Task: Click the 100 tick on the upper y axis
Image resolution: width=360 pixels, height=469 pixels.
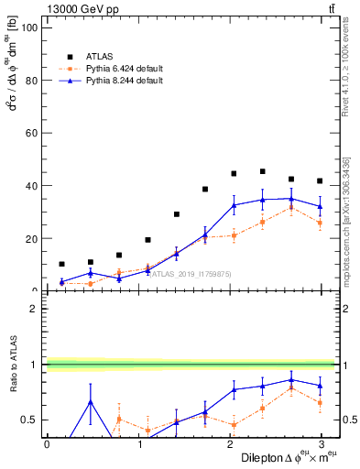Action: pos(30,27)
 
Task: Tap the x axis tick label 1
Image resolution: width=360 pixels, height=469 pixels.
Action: pos(138,444)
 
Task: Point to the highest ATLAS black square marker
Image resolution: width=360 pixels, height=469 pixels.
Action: pos(263,171)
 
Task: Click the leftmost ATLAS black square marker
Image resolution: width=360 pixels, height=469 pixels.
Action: pos(61,264)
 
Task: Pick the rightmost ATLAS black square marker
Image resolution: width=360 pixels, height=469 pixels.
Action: pos(320,180)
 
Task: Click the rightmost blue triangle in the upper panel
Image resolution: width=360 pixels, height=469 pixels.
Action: pos(320,206)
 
